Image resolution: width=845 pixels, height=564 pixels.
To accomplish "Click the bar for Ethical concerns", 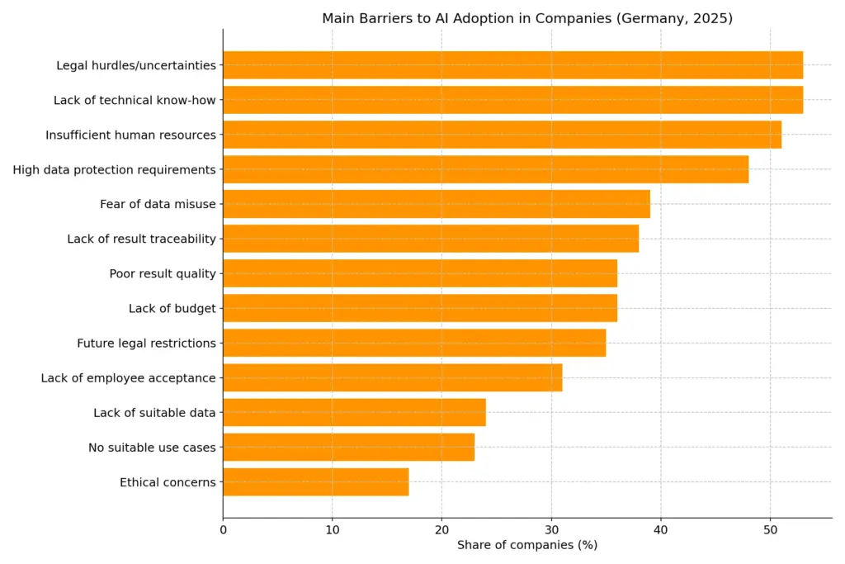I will [315, 482].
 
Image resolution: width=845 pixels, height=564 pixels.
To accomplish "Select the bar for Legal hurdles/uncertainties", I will [512, 65].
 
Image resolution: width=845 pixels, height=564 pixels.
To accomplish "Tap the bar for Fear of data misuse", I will [436, 204].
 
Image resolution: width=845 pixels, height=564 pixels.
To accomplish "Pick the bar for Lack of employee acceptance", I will [392, 378].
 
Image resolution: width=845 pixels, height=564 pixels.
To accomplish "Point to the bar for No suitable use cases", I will [348, 448].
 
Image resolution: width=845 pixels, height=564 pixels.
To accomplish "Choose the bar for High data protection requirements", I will [485, 169].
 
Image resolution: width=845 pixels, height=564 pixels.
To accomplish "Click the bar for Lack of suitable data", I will [354, 413].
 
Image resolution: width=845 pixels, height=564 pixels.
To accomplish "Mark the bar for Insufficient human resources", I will [502, 135].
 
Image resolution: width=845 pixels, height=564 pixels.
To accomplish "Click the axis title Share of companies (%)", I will [526, 545].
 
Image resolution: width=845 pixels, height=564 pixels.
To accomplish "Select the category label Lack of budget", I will [172, 309].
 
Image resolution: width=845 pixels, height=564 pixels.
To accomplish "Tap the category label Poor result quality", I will [162, 274].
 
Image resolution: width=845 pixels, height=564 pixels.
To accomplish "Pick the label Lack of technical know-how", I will [135, 100].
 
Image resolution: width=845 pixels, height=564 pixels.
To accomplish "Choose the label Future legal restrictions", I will [146, 344].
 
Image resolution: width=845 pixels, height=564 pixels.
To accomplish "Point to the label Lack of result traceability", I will [141, 239].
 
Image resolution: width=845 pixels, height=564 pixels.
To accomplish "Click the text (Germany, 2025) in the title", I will [674, 18].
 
